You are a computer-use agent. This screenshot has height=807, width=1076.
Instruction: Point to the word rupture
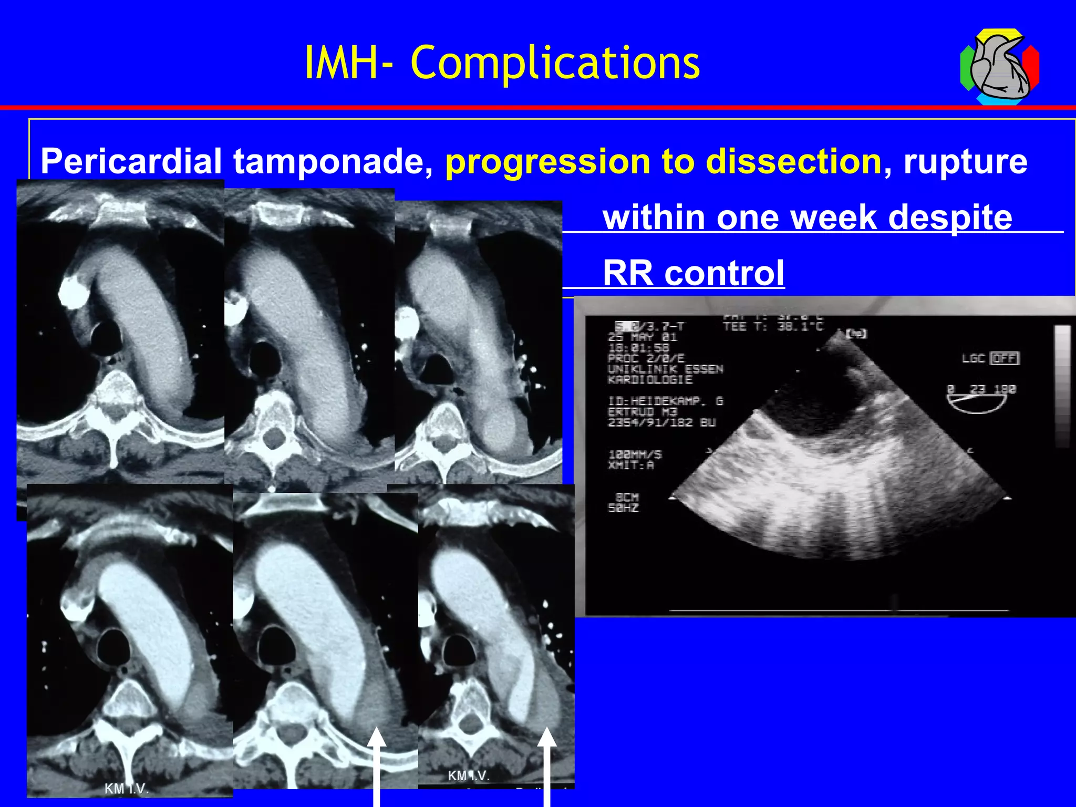click(965, 161)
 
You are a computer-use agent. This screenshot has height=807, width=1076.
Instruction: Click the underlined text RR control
click(693, 273)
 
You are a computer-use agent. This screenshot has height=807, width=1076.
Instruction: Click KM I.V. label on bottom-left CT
click(127, 789)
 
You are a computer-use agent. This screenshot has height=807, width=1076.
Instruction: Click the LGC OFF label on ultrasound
click(990, 358)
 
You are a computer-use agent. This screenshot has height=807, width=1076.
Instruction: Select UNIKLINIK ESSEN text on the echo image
click(665, 369)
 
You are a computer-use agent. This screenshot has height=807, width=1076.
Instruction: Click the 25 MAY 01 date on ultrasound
click(642, 337)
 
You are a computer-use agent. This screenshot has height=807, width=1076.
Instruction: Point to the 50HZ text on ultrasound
click(623, 508)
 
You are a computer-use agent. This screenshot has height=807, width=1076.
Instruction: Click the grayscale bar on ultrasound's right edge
click(1062, 386)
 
